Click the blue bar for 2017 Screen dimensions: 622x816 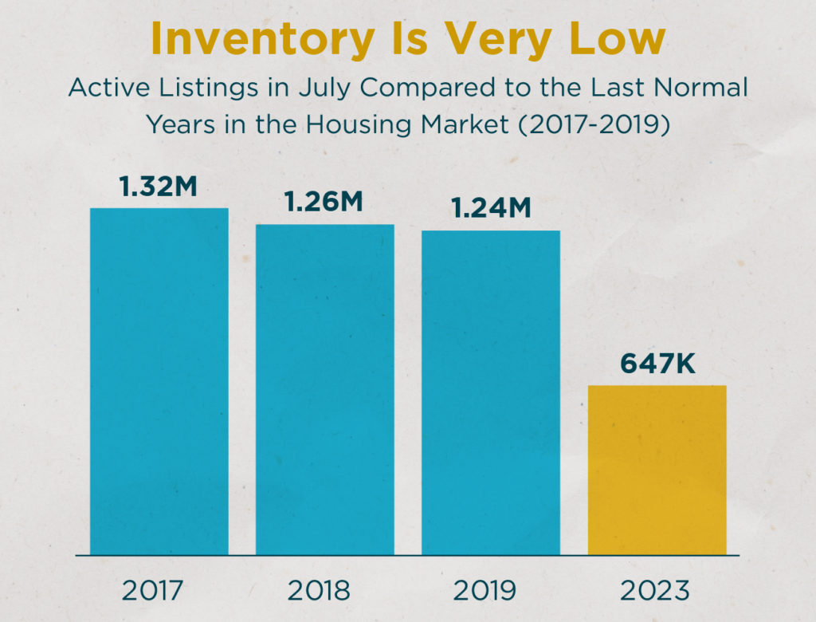point(159,381)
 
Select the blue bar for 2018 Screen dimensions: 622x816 point(324,389)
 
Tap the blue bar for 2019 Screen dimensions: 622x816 point(490,392)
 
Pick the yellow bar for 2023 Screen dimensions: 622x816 point(657,470)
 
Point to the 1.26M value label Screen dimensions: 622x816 point(324,203)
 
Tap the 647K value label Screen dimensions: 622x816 point(657,364)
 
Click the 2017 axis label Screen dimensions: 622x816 point(153,591)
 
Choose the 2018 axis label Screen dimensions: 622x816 point(319,591)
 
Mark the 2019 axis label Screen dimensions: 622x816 point(484,591)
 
